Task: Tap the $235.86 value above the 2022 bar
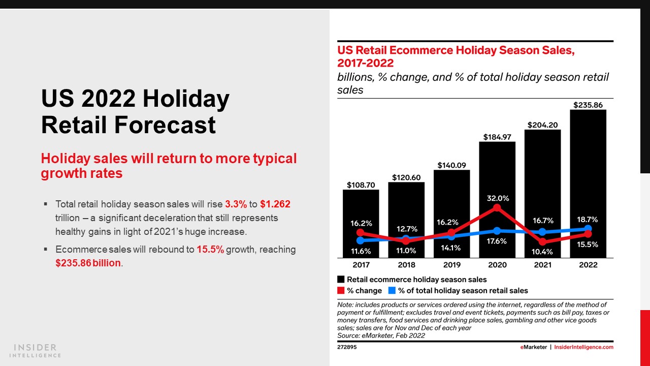click(588, 105)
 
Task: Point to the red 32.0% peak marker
click(497, 208)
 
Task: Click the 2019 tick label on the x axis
click(451, 265)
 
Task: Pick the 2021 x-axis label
click(542, 265)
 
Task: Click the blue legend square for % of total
click(392, 291)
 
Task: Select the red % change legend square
click(341, 291)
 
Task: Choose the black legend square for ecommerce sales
click(341, 280)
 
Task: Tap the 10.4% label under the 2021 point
click(542, 251)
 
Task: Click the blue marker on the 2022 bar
click(588, 229)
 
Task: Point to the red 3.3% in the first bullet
click(236, 204)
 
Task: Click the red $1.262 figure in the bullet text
click(275, 204)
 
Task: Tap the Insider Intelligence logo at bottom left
click(36, 350)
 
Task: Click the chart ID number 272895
click(346, 348)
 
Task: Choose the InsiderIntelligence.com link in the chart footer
click(583, 348)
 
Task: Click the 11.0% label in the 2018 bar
click(406, 251)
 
